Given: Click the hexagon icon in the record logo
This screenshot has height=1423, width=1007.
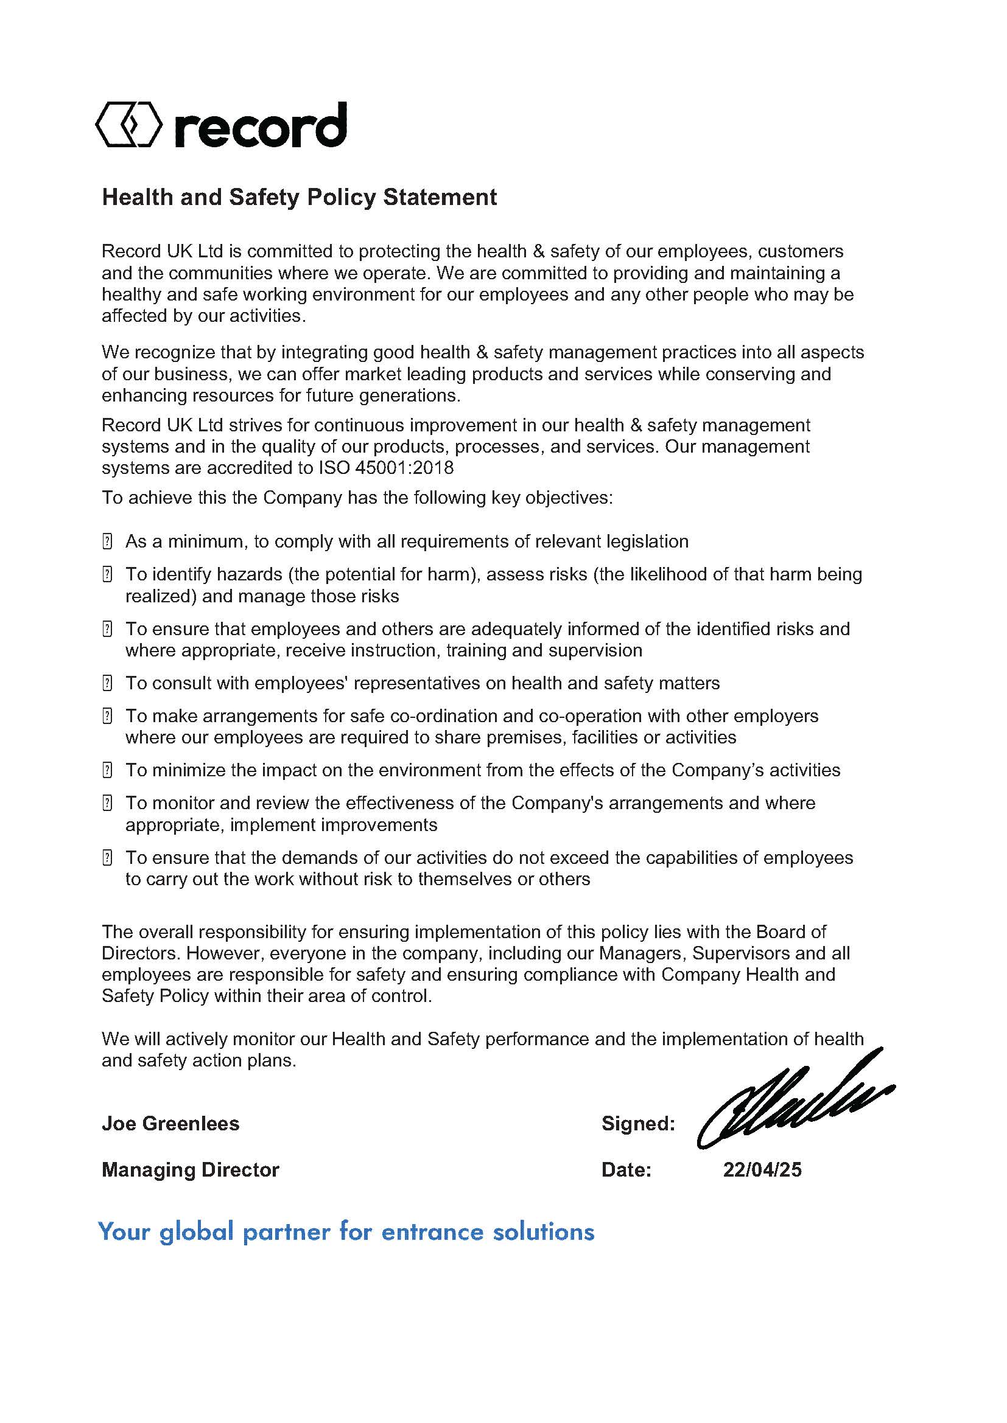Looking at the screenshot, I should click(x=128, y=125).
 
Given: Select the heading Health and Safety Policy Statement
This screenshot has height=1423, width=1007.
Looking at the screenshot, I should click(x=299, y=197).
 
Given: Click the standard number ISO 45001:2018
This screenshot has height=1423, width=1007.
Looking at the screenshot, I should click(x=385, y=468).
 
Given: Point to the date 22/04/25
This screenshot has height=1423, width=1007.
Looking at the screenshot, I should click(x=762, y=1169).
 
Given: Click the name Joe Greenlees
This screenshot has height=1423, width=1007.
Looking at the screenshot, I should click(x=170, y=1123).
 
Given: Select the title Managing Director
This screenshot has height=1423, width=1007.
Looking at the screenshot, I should click(x=191, y=1169).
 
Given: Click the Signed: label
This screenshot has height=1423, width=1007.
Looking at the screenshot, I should click(x=638, y=1123).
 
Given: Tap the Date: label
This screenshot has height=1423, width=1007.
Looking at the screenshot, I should click(x=626, y=1169).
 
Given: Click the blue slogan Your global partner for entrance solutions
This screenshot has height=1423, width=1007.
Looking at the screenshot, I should click(x=346, y=1231).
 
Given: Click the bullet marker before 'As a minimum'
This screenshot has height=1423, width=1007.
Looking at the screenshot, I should click(x=107, y=541).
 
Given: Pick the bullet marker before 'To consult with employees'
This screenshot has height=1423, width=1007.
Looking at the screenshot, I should click(x=107, y=684).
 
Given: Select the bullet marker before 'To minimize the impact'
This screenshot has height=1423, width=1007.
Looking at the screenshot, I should click(x=107, y=770).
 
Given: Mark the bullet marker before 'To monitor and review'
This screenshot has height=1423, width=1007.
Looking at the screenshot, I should click(x=107, y=803).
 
